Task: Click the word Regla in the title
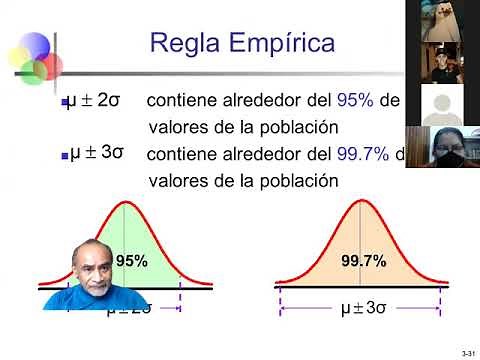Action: [184, 42]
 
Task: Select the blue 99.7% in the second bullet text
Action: [362, 155]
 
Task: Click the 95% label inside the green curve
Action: [132, 260]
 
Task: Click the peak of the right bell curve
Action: [362, 203]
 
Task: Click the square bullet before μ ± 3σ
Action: [61, 157]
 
